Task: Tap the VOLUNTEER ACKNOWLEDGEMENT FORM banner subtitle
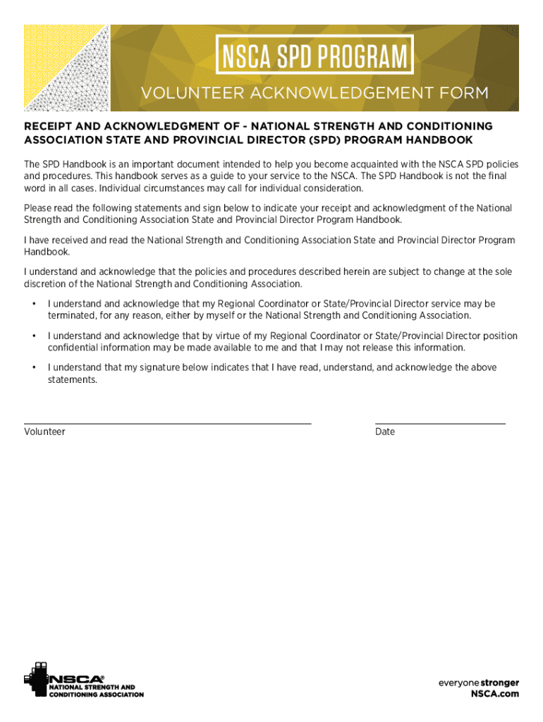[315, 93]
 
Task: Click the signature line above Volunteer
[167, 423]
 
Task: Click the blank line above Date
[440, 423]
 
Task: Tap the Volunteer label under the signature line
[44, 432]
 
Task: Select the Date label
[385, 432]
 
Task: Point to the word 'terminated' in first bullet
[72, 315]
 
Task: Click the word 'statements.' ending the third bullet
[72, 379]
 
